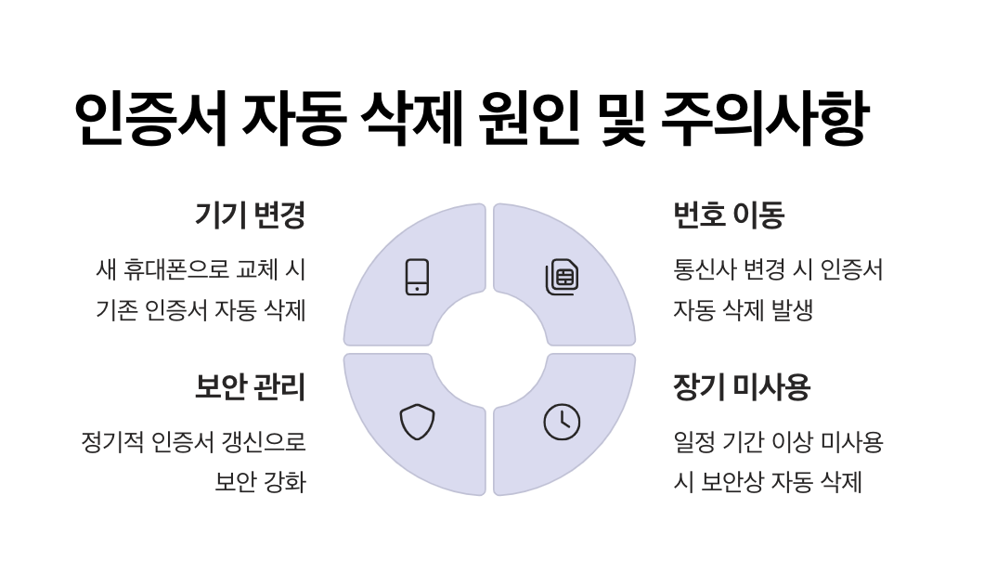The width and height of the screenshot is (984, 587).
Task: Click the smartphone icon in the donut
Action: pyautogui.click(x=417, y=277)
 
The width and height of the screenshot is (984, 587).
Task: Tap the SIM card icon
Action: pyautogui.click(x=562, y=277)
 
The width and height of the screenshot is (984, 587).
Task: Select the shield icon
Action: pyautogui.click(x=417, y=422)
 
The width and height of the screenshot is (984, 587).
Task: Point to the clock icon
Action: pyautogui.click(x=562, y=422)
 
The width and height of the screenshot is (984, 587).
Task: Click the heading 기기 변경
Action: pyautogui.click(x=249, y=215)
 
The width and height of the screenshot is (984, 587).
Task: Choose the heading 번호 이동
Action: pyautogui.click(x=729, y=215)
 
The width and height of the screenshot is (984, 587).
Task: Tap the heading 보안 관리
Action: pyautogui.click(x=249, y=386)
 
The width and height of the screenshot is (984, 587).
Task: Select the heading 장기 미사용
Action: pyautogui.click(x=742, y=386)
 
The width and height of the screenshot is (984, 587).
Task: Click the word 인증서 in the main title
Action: pyautogui.click(x=149, y=119)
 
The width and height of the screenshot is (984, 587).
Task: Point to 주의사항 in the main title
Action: pyautogui.click(x=765, y=119)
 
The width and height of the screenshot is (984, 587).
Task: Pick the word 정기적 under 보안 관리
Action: pyautogui.click(x=110, y=442)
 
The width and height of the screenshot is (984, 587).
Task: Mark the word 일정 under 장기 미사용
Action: pyautogui.click(x=693, y=442)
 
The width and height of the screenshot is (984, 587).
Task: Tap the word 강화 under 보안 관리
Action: pyautogui.click(x=285, y=483)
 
